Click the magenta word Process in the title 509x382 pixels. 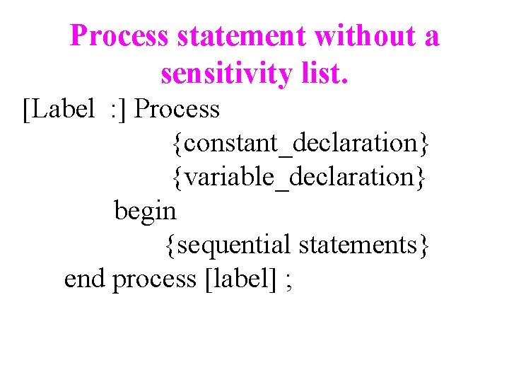(119, 36)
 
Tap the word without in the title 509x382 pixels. (365, 36)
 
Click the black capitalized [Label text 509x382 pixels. (59, 109)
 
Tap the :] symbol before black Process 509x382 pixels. (118, 109)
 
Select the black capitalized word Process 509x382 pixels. (177, 109)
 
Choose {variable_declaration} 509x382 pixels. (299, 177)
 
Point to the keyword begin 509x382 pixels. (145, 211)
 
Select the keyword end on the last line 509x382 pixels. (84, 279)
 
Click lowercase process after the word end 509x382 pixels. (154, 280)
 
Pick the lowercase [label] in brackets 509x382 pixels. (240, 279)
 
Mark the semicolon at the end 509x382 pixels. (288, 281)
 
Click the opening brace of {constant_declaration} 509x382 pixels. (175, 144)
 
